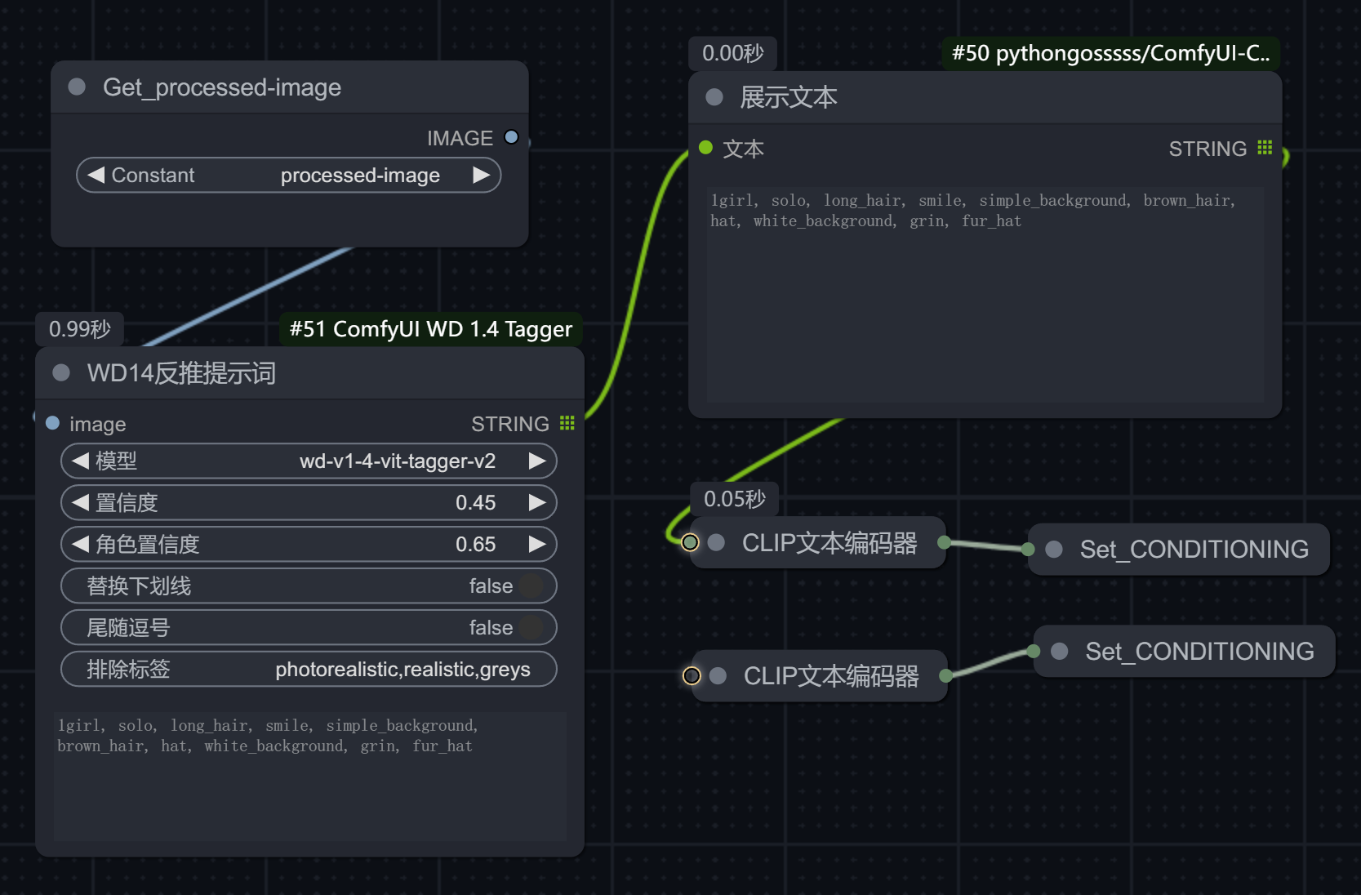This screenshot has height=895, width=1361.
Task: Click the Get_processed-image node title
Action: (x=222, y=87)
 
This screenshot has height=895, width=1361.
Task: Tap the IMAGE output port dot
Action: (x=512, y=137)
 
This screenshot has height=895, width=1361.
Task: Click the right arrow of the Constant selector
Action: (x=481, y=175)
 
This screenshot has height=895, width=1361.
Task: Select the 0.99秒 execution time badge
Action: (x=79, y=329)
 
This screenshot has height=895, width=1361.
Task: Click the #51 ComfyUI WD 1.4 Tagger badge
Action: (x=431, y=329)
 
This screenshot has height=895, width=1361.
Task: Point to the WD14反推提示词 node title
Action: (x=181, y=373)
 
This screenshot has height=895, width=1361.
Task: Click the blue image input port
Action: (x=53, y=423)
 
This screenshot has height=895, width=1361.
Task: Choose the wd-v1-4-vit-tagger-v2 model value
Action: (x=398, y=461)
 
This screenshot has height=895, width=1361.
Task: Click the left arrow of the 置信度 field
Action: (x=80, y=503)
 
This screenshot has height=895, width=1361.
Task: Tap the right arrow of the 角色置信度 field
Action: (x=537, y=545)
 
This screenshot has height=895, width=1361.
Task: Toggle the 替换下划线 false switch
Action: (x=531, y=586)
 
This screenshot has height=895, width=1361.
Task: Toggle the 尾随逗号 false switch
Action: (x=531, y=628)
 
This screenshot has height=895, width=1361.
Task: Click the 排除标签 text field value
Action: (x=403, y=670)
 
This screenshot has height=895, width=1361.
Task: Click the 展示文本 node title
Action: (x=788, y=97)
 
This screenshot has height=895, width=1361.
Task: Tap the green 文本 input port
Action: (x=705, y=148)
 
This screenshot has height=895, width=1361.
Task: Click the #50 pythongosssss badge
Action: (x=1110, y=53)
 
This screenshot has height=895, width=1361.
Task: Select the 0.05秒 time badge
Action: (x=735, y=500)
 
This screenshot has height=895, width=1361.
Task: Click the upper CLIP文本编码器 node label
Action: (x=829, y=543)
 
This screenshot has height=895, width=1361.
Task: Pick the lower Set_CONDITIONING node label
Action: (x=1199, y=652)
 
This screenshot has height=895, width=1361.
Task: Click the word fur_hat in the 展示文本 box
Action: (x=991, y=221)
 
